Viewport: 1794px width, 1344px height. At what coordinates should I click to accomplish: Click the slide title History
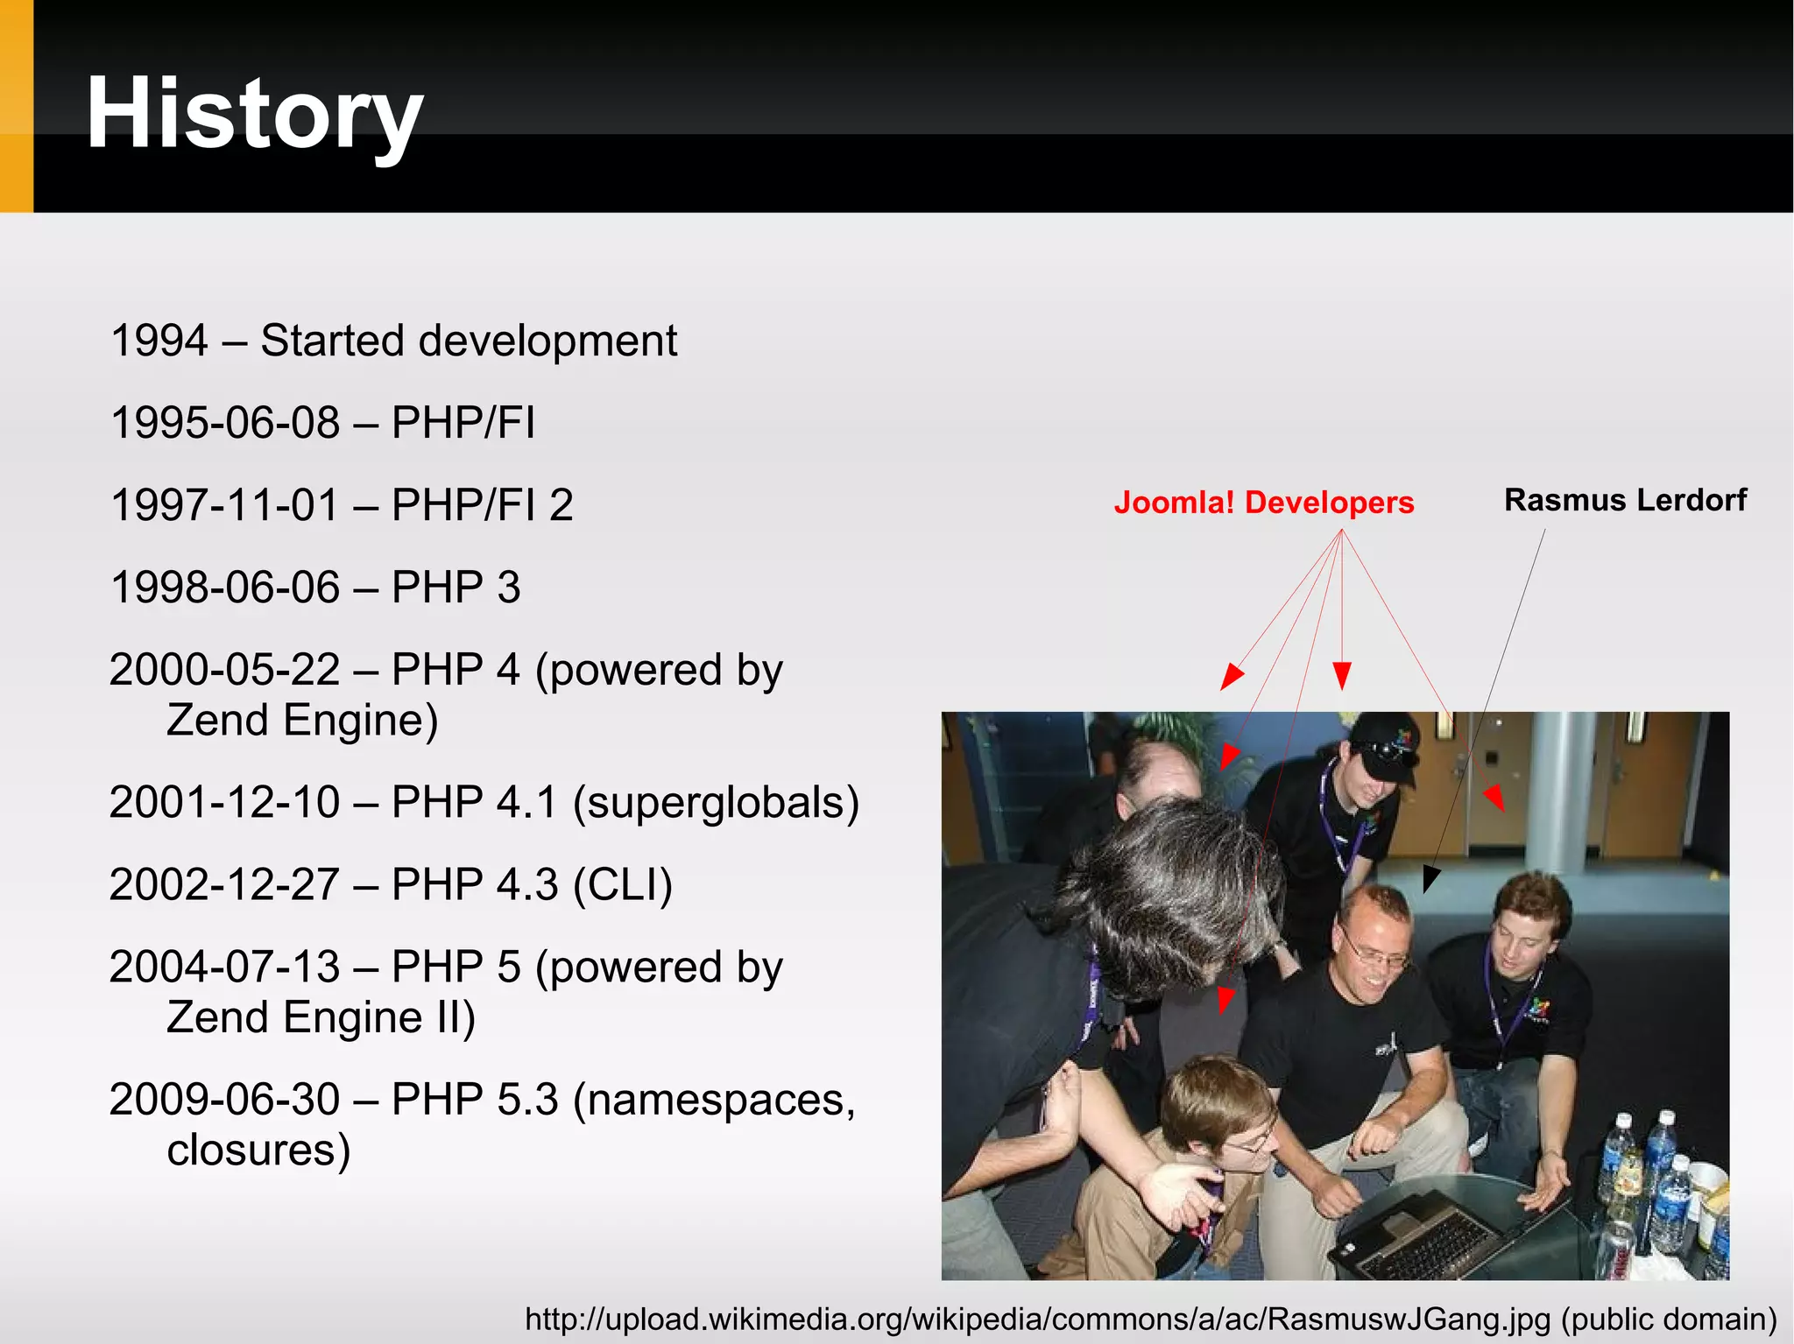click(254, 114)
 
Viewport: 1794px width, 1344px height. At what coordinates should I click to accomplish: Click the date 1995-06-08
click(225, 423)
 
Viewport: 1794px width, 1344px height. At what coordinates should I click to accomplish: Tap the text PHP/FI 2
click(482, 505)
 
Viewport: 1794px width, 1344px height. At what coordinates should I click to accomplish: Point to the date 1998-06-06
click(225, 588)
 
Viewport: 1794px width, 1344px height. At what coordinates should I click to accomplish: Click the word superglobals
click(715, 802)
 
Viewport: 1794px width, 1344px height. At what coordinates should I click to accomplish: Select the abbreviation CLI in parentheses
click(622, 884)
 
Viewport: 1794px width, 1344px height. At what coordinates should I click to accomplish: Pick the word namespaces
click(714, 1100)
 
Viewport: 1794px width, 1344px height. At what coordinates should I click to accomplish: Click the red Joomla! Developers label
click(1263, 503)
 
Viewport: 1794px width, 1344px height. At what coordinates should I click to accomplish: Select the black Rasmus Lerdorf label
click(1625, 500)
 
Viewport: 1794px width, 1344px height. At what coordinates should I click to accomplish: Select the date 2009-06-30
click(225, 1100)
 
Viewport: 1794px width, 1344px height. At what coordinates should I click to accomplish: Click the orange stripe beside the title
click(16, 105)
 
